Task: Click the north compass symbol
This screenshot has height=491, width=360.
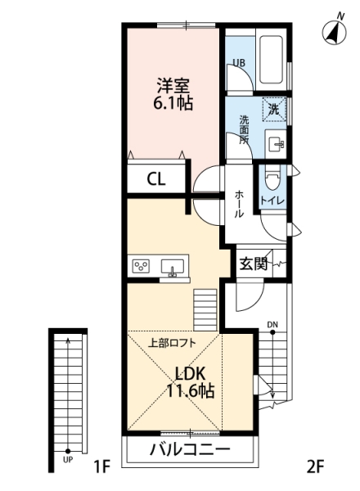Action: coord(335,31)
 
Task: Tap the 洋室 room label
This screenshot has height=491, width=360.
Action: coord(173,85)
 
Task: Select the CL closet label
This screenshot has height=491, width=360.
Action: coord(156,179)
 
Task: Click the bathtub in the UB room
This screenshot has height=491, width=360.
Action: coord(271,60)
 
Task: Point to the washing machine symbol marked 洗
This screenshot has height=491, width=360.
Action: coord(274,108)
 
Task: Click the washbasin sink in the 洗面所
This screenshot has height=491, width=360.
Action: coord(276,144)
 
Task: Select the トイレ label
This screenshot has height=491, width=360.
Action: coord(272,200)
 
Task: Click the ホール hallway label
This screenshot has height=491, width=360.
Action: coord(239,204)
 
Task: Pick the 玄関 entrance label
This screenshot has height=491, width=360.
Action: coord(254,264)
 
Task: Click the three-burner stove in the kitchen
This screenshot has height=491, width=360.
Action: coord(141,266)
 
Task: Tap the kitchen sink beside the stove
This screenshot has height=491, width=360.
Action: coord(172,267)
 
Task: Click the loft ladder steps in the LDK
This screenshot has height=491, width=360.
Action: coord(205,309)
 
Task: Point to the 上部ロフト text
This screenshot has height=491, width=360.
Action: coord(172,343)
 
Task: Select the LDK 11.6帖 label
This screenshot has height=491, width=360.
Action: coord(190,382)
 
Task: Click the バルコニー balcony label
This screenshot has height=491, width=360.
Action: coord(190,450)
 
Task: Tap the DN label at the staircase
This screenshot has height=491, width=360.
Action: coord(272,325)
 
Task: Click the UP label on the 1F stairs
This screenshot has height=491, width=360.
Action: coord(68,460)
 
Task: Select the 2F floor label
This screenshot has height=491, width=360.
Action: coord(315,467)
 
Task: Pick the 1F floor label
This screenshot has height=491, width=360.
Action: coord(102,467)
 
